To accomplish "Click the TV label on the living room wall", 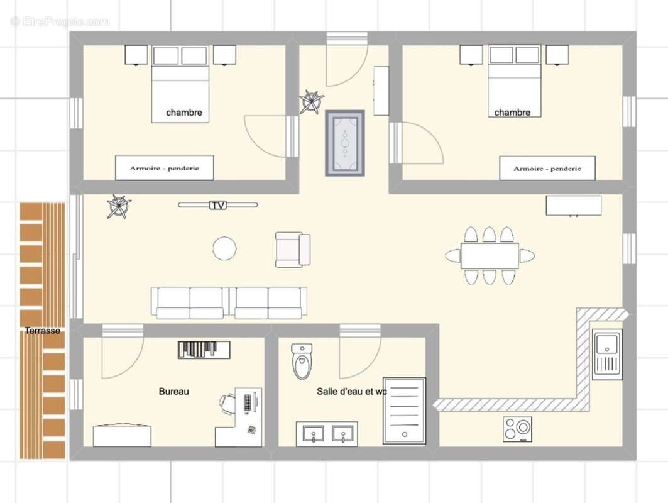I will point(218,205).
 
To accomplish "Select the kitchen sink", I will point(607,355).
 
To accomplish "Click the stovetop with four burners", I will point(517,429).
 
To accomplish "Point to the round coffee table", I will point(224,248).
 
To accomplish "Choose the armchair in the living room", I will point(292,250).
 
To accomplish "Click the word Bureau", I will point(173,391).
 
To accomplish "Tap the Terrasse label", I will point(43,330).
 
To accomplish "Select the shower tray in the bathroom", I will point(404,410).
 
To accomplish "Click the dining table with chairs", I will point(490,255).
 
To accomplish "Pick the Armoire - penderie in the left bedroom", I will point(165,168).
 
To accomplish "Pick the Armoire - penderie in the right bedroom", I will point(547,168).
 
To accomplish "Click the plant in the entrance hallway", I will point(312,102).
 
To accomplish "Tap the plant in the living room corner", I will point(118,206).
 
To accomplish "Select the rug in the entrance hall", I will point(344,143).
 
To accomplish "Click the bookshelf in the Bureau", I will point(204,350).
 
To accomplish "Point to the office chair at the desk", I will point(227,402).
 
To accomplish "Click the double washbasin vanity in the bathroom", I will point(327,434).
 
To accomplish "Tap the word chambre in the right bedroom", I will point(512,113).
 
